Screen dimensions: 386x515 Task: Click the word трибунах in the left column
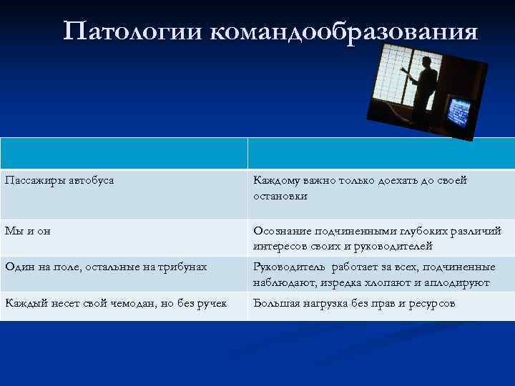182,267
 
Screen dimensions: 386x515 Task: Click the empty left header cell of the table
124,153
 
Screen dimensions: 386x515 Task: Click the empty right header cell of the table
381,153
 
